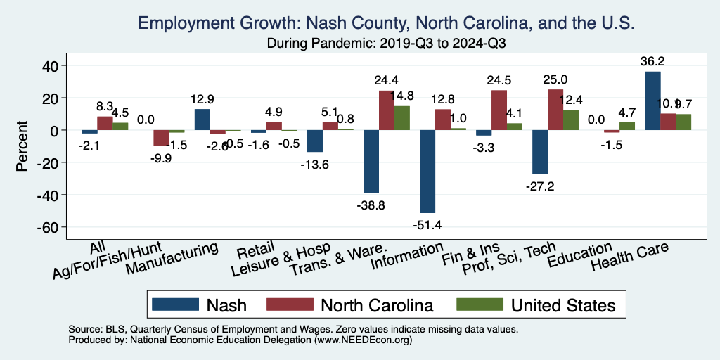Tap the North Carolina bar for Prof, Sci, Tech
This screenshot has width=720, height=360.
point(555,110)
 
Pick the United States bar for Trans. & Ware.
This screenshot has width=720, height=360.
point(402,118)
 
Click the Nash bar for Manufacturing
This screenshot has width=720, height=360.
point(202,120)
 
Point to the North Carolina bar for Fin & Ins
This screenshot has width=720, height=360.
point(499,110)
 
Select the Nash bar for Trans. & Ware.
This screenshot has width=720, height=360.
point(371,162)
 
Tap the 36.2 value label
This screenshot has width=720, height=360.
point(652,61)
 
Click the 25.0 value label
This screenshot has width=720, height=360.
point(555,79)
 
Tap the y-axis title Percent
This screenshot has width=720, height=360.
point(22,146)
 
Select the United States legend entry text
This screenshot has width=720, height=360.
point(563,305)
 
